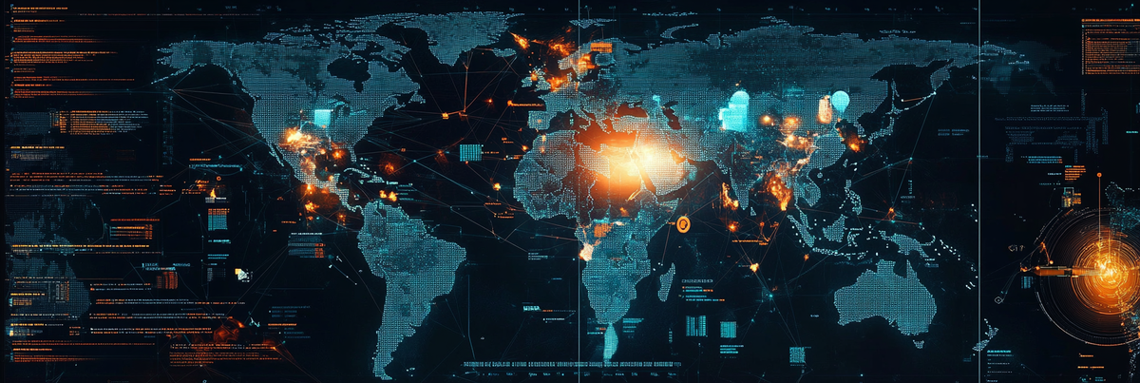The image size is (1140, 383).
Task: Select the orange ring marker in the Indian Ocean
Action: [x=682, y=223]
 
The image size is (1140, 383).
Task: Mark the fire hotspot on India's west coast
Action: [x=729, y=197]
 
